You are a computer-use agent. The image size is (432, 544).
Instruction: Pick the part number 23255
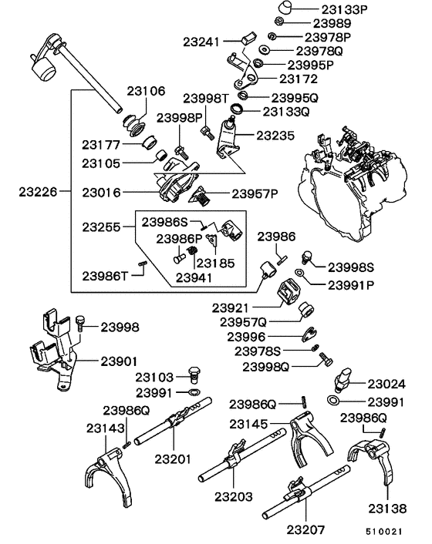[x=103, y=227]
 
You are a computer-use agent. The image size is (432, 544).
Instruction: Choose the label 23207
[x=307, y=530]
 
